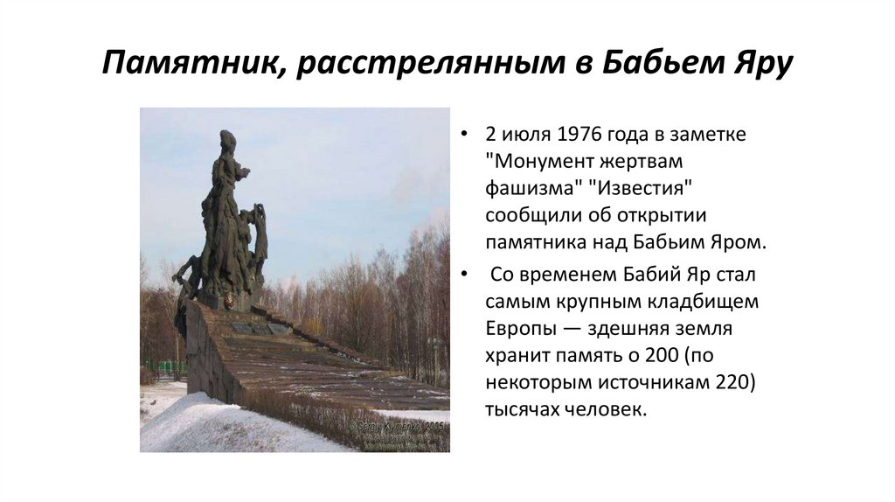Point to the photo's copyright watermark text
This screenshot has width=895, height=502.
tap(398, 429)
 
